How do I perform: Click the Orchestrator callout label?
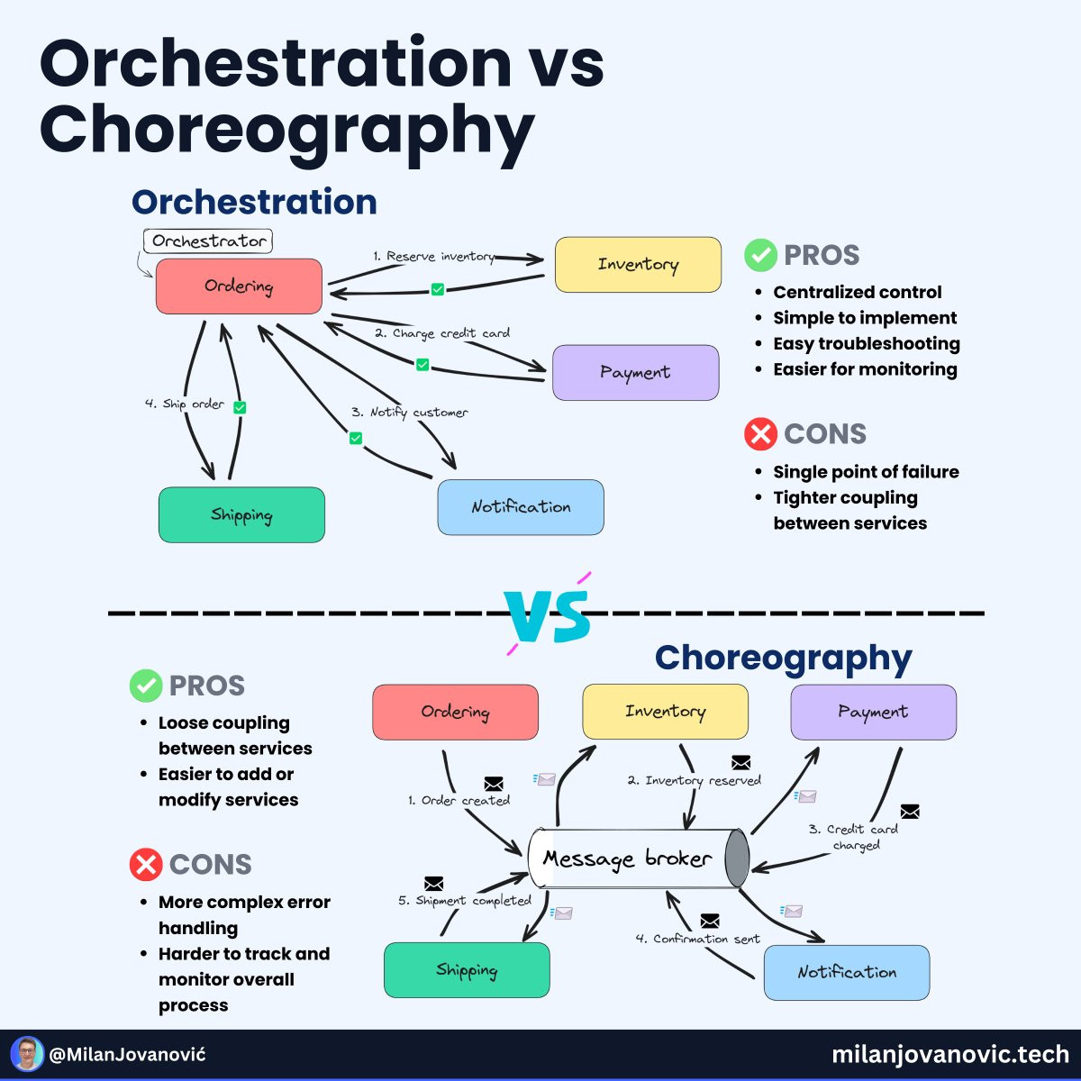pos(208,241)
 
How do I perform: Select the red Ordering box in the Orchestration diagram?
pos(239,286)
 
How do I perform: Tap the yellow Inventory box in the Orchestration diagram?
pos(638,264)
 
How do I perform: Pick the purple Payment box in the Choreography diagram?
pos(873,712)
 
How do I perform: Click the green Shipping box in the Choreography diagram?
pos(467,969)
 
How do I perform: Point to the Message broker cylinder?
pos(639,858)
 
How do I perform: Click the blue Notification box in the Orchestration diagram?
pos(521,506)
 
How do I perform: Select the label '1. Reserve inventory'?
pos(433,257)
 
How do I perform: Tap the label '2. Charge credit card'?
pos(442,333)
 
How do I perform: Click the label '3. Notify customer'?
pos(410,413)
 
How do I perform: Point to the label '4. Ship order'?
pos(185,404)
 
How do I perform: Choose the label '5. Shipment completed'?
pos(465,900)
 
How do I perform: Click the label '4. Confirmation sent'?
pos(697,939)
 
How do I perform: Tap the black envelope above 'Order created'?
pos(493,783)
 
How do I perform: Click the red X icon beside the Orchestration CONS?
pos(760,433)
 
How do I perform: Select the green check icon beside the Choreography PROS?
pos(146,685)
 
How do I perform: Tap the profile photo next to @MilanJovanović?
pos(27,1054)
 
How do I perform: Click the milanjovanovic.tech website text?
pos(950,1054)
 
